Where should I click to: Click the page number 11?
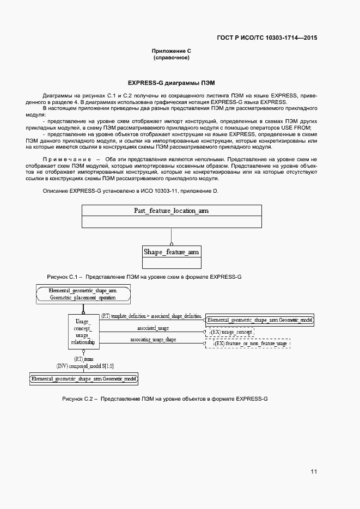[314, 471]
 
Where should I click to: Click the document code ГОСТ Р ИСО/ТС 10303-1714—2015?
[267, 38]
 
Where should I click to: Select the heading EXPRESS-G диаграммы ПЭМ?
[172, 83]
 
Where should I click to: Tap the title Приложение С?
[172, 51]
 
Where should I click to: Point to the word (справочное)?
[172, 57]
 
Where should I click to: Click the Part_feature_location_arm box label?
[172, 211]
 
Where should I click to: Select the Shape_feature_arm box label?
[172, 252]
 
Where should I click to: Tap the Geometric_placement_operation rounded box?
[83, 294]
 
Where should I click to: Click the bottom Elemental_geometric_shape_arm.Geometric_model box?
[84, 378]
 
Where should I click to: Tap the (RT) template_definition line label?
[151, 316]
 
